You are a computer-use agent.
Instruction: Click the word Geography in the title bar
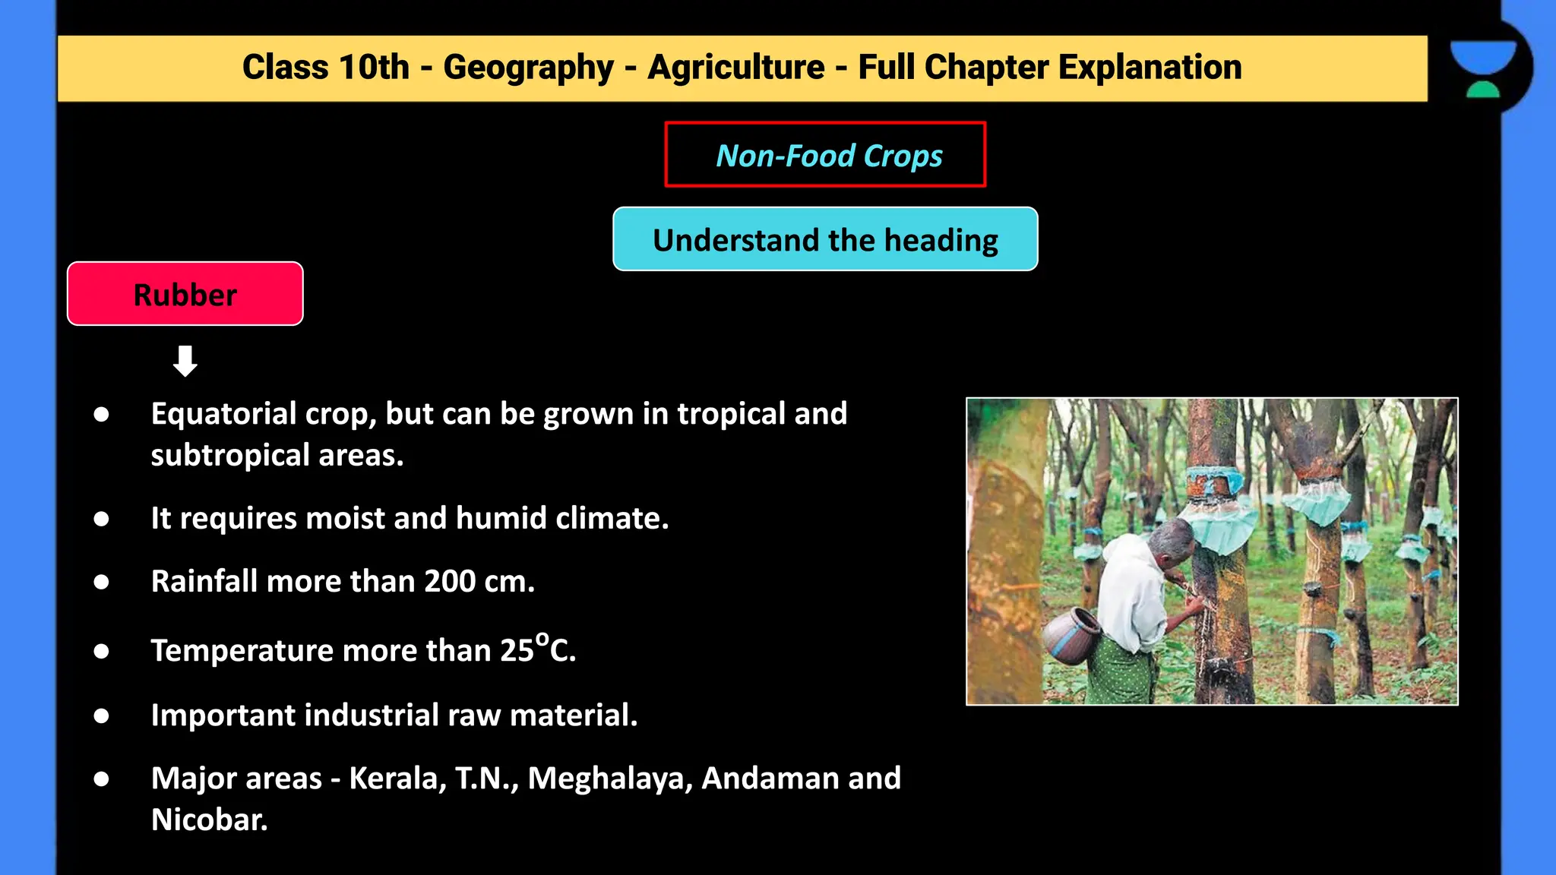pyautogui.click(x=528, y=68)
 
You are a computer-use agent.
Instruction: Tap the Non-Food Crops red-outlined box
pyautogui.click(x=825, y=154)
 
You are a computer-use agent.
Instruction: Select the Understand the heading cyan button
pyautogui.click(x=825, y=239)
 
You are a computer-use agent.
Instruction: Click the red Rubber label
pyautogui.click(x=185, y=294)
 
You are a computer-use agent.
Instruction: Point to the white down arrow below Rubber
pyautogui.click(x=185, y=361)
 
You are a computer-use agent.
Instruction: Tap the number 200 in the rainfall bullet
pyautogui.click(x=450, y=581)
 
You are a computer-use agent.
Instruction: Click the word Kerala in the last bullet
pyautogui.click(x=396, y=779)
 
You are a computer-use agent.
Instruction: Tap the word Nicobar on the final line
pyautogui.click(x=209, y=820)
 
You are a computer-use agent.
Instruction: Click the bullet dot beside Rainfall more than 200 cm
pyautogui.click(x=101, y=582)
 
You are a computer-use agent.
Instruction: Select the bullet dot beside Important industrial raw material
pyautogui.click(x=101, y=715)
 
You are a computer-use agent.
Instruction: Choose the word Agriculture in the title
pyautogui.click(x=735, y=68)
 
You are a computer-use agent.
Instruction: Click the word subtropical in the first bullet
pyautogui.click(x=230, y=456)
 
